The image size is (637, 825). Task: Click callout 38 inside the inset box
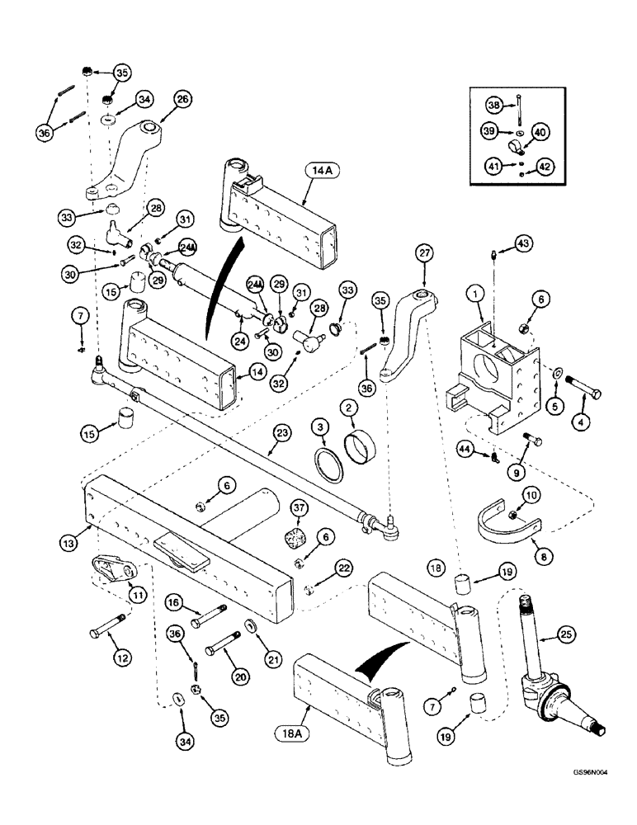(493, 106)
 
